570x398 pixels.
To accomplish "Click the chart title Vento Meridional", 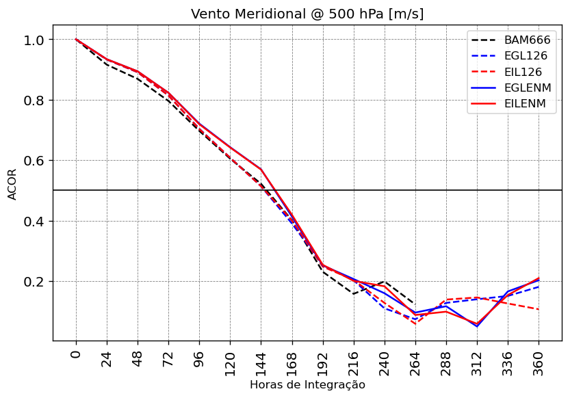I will (307, 14).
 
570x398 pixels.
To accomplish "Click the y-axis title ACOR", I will (12, 183).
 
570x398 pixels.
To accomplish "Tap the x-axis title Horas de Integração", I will (307, 385).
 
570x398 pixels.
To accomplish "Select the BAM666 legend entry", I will (527, 40).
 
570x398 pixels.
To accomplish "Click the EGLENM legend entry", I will (527, 88).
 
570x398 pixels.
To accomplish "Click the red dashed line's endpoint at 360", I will (539, 310).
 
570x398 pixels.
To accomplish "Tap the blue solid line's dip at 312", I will (477, 326).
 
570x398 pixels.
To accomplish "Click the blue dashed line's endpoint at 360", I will (539, 287).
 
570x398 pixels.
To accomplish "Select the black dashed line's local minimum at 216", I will (354, 294).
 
